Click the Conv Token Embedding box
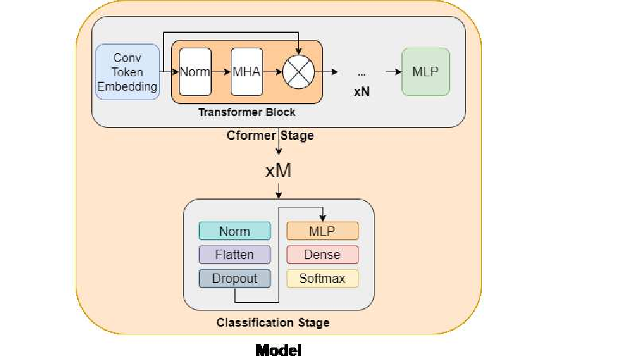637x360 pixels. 128,72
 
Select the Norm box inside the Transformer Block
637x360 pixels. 195,72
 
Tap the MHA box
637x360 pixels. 247,72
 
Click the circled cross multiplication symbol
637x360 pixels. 299,72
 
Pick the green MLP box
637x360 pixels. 425,72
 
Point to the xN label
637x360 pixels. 361,92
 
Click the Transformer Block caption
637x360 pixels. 246,112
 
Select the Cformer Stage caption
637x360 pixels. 270,136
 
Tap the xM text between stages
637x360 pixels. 278,171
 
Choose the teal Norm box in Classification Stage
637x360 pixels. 234,231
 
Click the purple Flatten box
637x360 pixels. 234,255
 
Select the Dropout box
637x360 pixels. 234,278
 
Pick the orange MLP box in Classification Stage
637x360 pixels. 322,231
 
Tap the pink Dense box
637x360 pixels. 322,255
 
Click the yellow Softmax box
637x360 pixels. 322,278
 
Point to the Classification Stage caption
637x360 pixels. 273,322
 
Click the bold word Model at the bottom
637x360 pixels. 279,350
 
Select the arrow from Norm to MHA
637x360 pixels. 221,72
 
